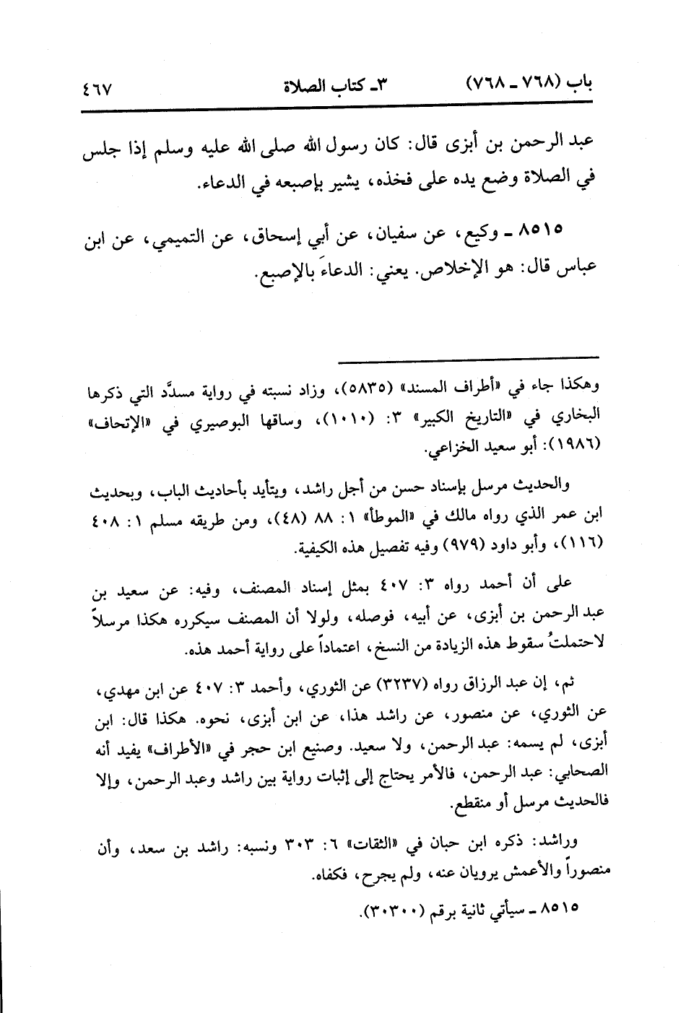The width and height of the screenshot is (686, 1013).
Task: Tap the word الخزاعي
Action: pos(451,449)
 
